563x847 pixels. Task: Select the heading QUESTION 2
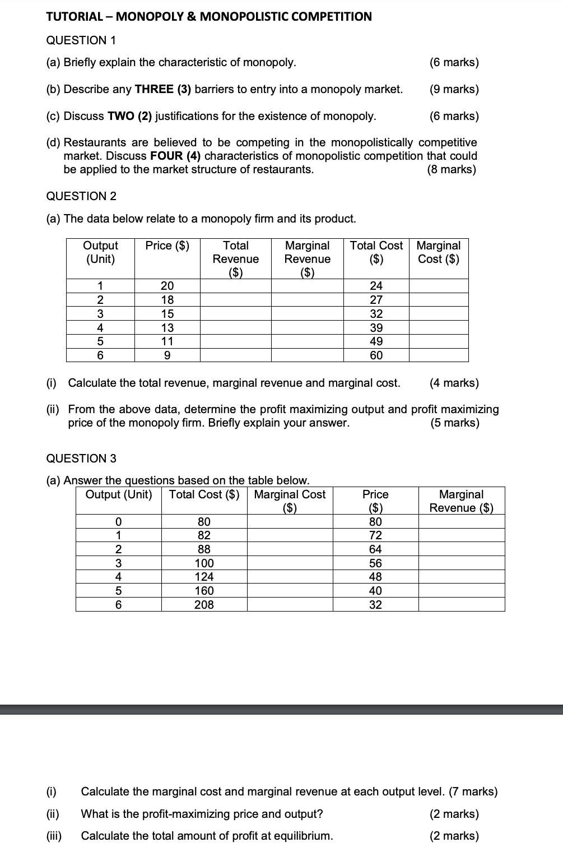pos(81,196)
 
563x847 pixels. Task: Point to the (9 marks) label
pos(454,89)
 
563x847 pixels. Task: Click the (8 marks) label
pos(452,169)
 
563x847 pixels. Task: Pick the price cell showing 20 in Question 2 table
pos(167,286)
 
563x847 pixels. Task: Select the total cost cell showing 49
pos(376,341)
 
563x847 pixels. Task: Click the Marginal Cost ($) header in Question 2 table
pos(439,252)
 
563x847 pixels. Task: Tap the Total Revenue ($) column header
pos(236,258)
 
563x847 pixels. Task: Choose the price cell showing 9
pos(167,355)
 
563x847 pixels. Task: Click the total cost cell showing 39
pos(376,328)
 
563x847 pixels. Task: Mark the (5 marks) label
pos(455,423)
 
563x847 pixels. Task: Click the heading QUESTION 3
pos(81,459)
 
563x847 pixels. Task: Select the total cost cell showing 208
pos(204,604)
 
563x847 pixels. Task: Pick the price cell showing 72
pos(375,535)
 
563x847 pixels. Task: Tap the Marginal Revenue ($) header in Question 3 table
pos(461,501)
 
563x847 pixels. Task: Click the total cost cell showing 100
pos(204,563)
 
